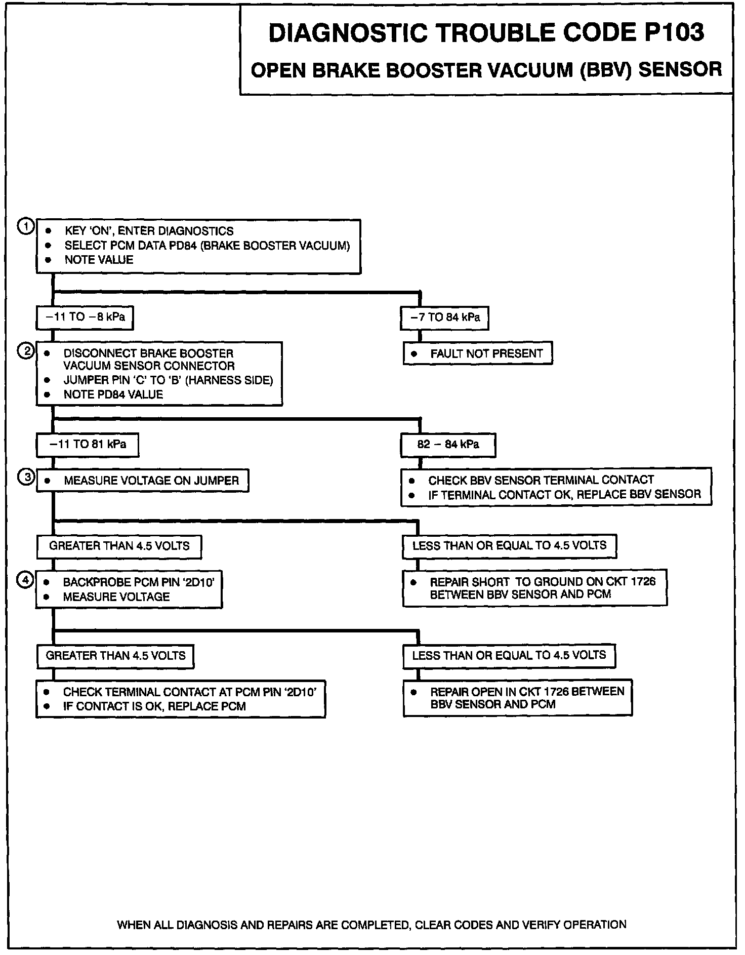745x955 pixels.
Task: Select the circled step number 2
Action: pyautogui.click(x=25, y=350)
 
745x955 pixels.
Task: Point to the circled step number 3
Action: pyautogui.click(x=25, y=477)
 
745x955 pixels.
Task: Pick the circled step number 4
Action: pyautogui.click(x=25, y=580)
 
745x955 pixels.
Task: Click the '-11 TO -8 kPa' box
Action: pyautogui.click(x=85, y=317)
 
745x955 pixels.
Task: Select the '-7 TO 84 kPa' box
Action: pyautogui.click(x=444, y=318)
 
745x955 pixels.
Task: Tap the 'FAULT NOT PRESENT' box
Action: pyautogui.click(x=477, y=354)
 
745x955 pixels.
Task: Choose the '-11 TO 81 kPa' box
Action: pyautogui.click(x=87, y=445)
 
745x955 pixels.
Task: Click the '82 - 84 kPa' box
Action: pyautogui.click(x=448, y=445)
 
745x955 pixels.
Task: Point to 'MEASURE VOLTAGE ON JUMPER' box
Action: pyautogui.click(x=142, y=481)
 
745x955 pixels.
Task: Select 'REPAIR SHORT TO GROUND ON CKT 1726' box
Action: pyautogui.click(x=534, y=588)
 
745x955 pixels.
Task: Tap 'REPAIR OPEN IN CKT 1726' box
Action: pyautogui.click(x=517, y=698)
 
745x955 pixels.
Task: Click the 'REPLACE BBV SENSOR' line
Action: pyautogui.click(x=564, y=495)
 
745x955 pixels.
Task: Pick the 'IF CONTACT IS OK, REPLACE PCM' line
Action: pyautogui.click(x=154, y=706)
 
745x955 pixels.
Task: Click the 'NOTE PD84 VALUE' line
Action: pyautogui.click(x=113, y=395)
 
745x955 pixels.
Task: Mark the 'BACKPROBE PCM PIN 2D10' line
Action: pyautogui.click(x=138, y=582)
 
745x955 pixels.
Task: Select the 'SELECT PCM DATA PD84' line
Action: pyautogui.click(x=207, y=246)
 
